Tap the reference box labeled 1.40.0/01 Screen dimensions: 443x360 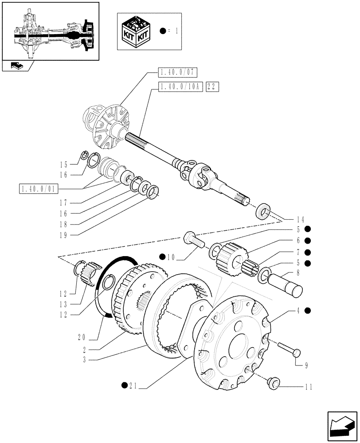pos(39,190)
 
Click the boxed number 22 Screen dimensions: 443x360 pos(212,88)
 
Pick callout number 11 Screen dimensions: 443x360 pos(308,387)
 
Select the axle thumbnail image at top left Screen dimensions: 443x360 pos(50,31)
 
